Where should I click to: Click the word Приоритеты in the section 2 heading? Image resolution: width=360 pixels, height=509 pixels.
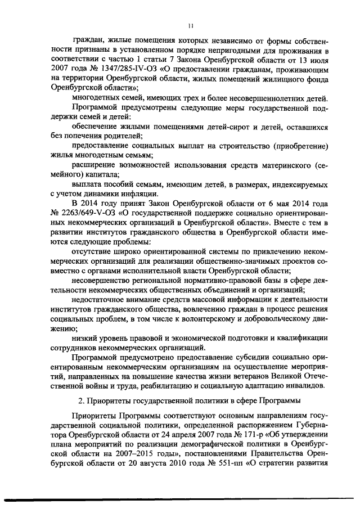(x=110, y=402)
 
